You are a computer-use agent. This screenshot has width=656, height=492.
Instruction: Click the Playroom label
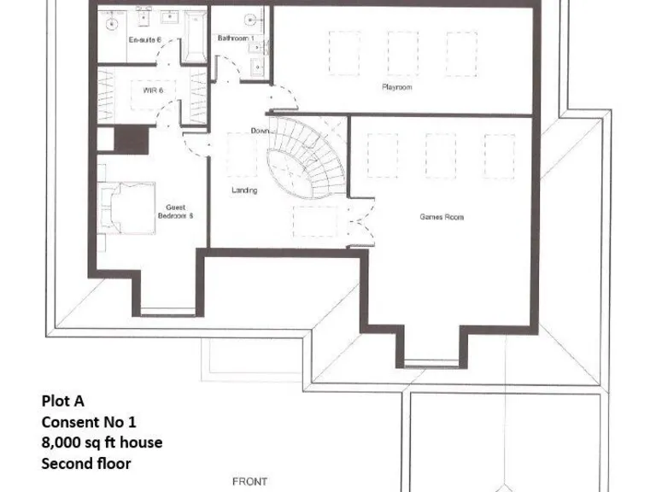click(x=397, y=87)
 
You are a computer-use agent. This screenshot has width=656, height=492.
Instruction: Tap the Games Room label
click(x=442, y=217)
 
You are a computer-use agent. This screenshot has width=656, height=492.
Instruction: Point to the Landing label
click(x=244, y=190)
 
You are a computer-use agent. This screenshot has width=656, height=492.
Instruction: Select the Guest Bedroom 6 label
click(x=176, y=211)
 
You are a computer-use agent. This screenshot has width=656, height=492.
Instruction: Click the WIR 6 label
click(x=154, y=89)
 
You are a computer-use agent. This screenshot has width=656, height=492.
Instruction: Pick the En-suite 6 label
click(x=144, y=40)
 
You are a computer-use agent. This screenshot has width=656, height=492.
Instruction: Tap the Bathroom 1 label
click(x=235, y=38)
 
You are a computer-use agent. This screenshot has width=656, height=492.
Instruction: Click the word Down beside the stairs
click(x=261, y=131)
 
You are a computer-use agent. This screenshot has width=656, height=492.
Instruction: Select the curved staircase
click(x=304, y=159)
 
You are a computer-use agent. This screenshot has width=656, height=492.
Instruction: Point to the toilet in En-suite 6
click(x=111, y=24)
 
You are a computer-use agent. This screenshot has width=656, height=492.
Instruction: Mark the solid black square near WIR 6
click(x=132, y=139)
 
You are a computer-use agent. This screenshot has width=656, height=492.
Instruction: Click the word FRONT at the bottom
click(x=249, y=482)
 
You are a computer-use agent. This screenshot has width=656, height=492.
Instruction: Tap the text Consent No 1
click(x=89, y=421)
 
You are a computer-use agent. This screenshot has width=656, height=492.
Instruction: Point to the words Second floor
click(x=86, y=464)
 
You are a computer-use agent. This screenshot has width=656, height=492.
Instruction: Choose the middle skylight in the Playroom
click(x=403, y=54)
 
